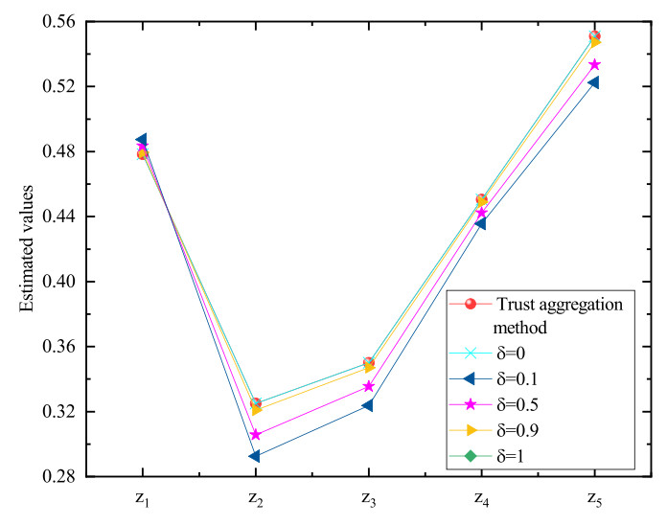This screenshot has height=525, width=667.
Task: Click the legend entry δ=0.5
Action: click(517, 409)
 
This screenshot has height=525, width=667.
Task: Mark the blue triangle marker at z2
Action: click(255, 456)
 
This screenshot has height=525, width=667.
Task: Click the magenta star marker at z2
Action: click(256, 435)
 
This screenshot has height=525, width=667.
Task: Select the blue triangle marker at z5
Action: click(594, 82)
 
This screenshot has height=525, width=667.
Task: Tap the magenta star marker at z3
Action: click(369, 386)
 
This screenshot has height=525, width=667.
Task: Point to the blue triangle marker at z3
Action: click(368, 405)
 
